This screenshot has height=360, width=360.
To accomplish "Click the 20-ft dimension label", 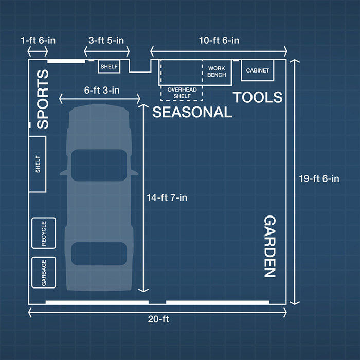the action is point(158,319).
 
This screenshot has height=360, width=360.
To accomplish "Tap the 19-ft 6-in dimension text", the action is point(319,178).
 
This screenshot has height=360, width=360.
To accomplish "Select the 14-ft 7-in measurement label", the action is point(167,197).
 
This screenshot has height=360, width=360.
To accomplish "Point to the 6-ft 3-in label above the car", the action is point(102,90).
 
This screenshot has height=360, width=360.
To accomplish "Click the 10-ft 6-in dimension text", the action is point(219,41).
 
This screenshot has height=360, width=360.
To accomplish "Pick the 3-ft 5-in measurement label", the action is point(106,41).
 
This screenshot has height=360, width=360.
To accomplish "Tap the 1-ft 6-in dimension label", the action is point(38,41).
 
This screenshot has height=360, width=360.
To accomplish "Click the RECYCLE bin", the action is point(44,233).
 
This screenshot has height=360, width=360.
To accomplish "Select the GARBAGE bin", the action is point(44,273).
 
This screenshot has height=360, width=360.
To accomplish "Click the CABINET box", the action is point(258,70).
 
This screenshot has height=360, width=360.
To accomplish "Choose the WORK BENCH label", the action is point(217,71).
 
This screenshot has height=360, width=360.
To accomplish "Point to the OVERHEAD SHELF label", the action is point(182,93).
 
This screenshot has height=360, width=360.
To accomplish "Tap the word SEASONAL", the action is point(192,112).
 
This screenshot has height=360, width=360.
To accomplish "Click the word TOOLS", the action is point(258,97).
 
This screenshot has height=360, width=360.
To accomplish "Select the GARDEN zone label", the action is point(269,246).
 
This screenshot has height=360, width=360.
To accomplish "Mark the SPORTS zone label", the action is point(43,99).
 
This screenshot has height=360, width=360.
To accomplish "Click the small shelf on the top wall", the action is point(109,66).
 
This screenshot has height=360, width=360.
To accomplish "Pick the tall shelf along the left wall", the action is point(38,164).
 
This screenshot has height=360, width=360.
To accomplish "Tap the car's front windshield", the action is point(99,165).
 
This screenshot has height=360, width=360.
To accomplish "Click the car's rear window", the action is point(99,254).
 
